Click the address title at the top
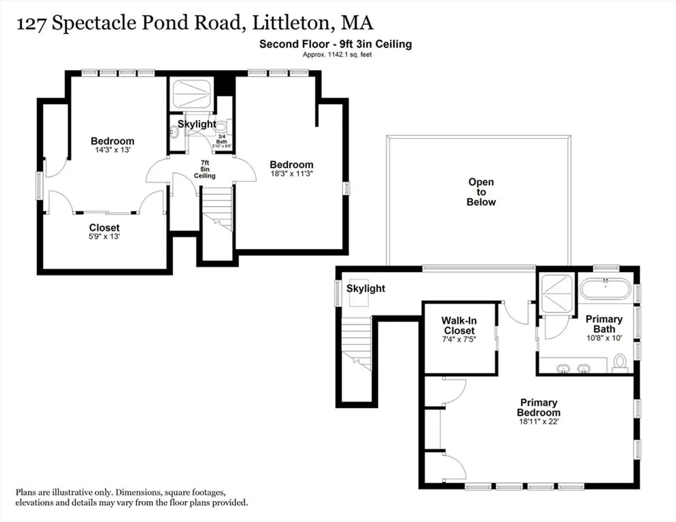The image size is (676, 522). click(195, 23)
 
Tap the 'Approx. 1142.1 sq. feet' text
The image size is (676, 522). click(337, 55)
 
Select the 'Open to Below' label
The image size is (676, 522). click(481, 192)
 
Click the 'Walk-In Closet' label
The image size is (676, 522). click(459, 325)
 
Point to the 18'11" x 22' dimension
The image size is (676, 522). click(539, 421)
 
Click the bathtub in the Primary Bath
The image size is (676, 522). click(606, 289)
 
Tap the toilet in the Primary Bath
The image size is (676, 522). click(620, 363)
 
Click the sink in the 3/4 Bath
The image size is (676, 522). click(174, 132)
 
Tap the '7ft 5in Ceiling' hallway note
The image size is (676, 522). click(205, 170)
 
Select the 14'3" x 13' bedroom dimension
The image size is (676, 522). click(113, 150)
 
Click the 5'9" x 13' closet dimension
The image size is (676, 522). click(104, 236)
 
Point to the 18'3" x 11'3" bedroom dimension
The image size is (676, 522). click(292, 174)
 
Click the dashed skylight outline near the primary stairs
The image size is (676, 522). click(359, 293)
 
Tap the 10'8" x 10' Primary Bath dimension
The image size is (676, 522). click(604, 338)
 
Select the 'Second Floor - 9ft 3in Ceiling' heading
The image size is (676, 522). click(336, 44)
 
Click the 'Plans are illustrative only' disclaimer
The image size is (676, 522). click(132, 497)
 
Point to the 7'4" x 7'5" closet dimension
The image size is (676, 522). click(459, 339)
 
